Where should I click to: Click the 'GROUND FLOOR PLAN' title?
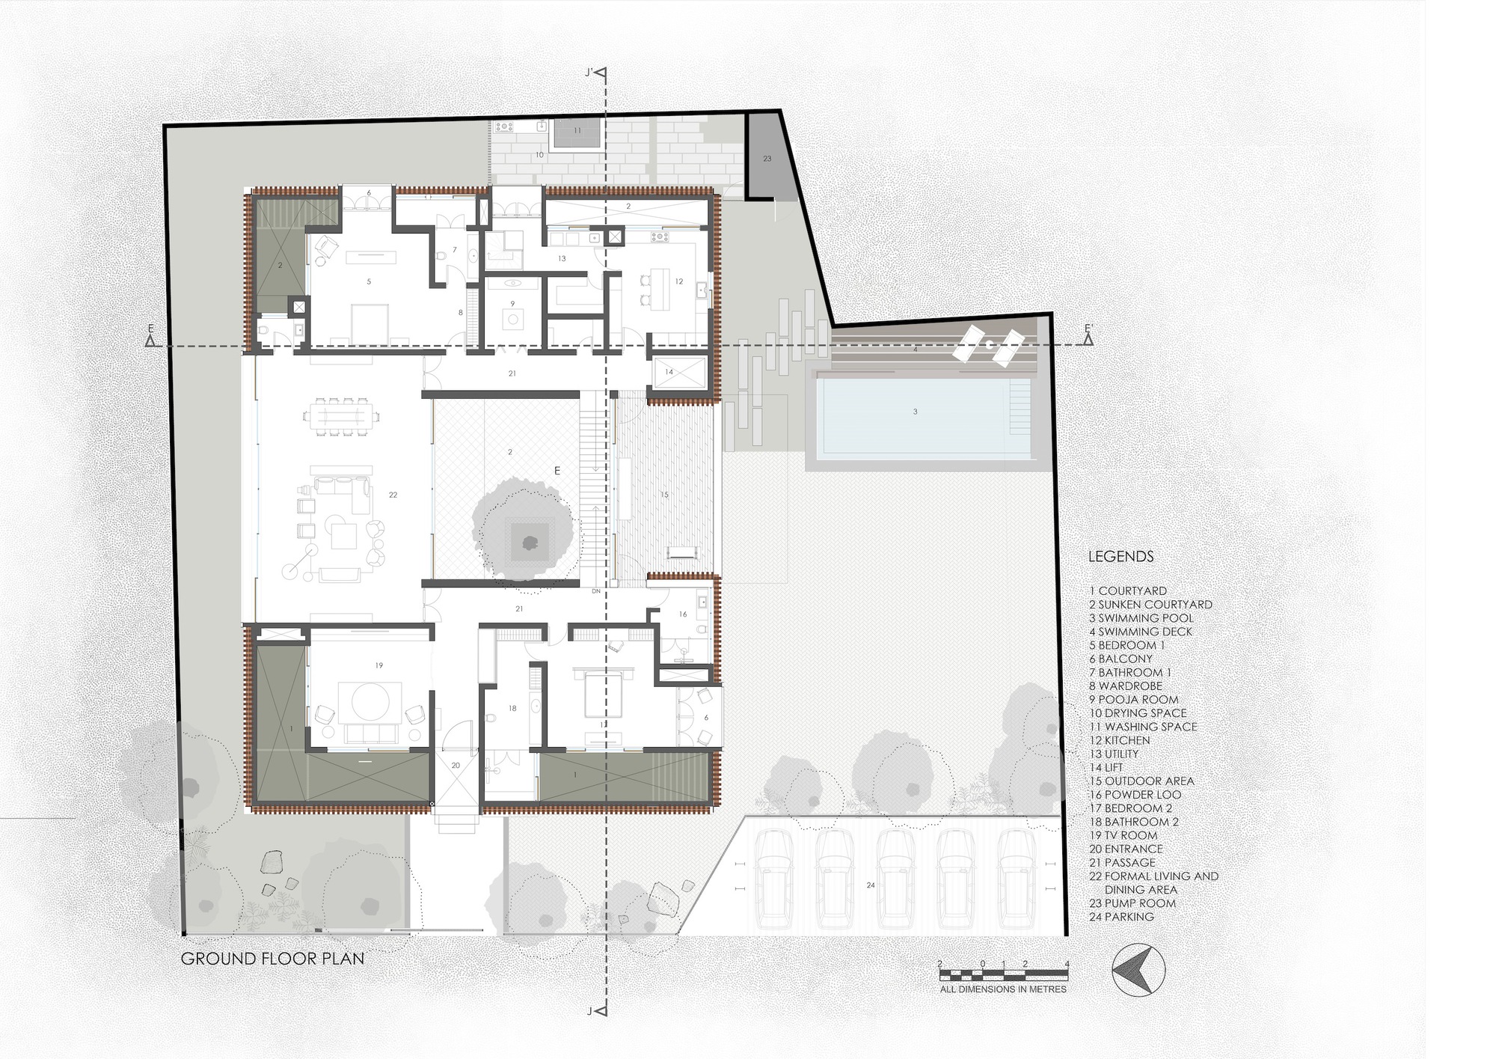[272, 958]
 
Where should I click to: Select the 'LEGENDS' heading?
[1121, 557]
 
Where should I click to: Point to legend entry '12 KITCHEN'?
[1119, 740]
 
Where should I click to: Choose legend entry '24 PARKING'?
[1121, 917]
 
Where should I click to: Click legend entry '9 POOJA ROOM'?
[1133, 699]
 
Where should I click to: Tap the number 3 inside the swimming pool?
[915, 412]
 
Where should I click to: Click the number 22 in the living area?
[393, 495]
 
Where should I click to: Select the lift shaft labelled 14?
[678, 372]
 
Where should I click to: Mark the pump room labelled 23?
[767, 158]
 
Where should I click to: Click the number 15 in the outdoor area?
[663, 495]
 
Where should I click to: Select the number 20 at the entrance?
[456, 766]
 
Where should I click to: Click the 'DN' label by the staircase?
[596, 591]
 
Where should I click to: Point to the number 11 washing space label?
[577, 130]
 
